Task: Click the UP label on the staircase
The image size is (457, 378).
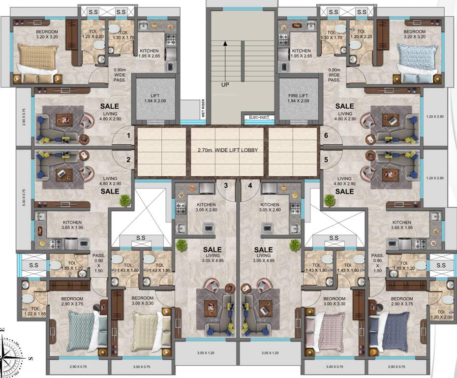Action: pos(225,85)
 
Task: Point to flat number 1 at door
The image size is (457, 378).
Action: pos(128,135)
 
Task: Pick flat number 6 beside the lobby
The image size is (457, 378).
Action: pos(326,135)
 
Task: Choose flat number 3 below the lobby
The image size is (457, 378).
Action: pos(225,186)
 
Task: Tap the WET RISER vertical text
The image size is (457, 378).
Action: pos(209,107)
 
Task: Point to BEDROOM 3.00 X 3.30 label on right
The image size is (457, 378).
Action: pos(334,301)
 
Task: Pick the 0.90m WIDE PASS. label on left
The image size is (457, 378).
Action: pos(120,74)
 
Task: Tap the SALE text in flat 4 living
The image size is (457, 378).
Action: pos(264,250)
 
